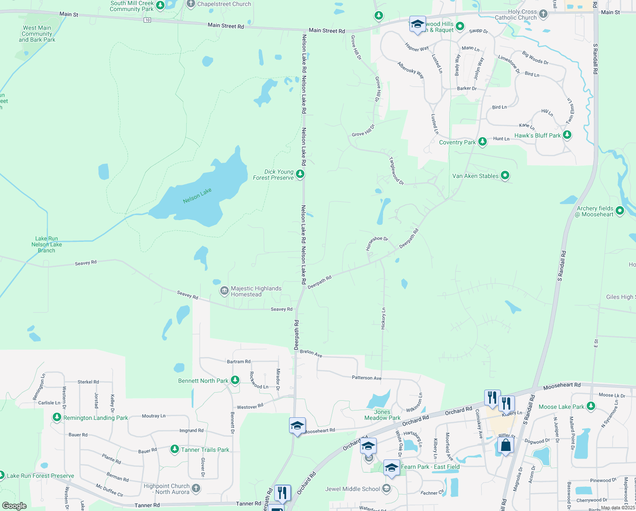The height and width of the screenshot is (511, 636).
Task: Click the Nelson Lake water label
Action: point(197,195)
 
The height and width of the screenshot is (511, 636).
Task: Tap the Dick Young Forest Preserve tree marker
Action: point(300,174)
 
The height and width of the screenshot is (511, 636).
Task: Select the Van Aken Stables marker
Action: point(505,175)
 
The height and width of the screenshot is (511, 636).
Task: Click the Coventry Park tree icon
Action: point(482,141)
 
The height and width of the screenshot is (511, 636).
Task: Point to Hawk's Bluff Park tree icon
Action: point(567,135)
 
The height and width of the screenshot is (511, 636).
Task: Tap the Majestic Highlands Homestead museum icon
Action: point(224,291)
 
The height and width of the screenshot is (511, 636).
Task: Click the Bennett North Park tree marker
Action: point(235,380)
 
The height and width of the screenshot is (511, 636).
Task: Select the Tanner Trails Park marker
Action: point(174,449)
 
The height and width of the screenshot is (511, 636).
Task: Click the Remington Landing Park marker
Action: point(57,417)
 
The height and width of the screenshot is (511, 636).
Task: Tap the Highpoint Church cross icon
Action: point(196,488)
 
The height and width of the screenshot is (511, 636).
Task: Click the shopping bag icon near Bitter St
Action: point(505,445)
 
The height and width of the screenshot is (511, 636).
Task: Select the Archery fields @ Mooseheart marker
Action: point(619,210)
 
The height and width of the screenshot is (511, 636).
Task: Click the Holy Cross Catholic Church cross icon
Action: point(543,14)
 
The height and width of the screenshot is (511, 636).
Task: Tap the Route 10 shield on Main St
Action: point(147,20)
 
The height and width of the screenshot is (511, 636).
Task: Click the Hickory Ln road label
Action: point(383,318)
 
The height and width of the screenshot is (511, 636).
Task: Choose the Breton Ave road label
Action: point(311,353)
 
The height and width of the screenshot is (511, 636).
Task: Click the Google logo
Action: point(14,506)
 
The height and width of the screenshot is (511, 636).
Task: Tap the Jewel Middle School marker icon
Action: point(386,488)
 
